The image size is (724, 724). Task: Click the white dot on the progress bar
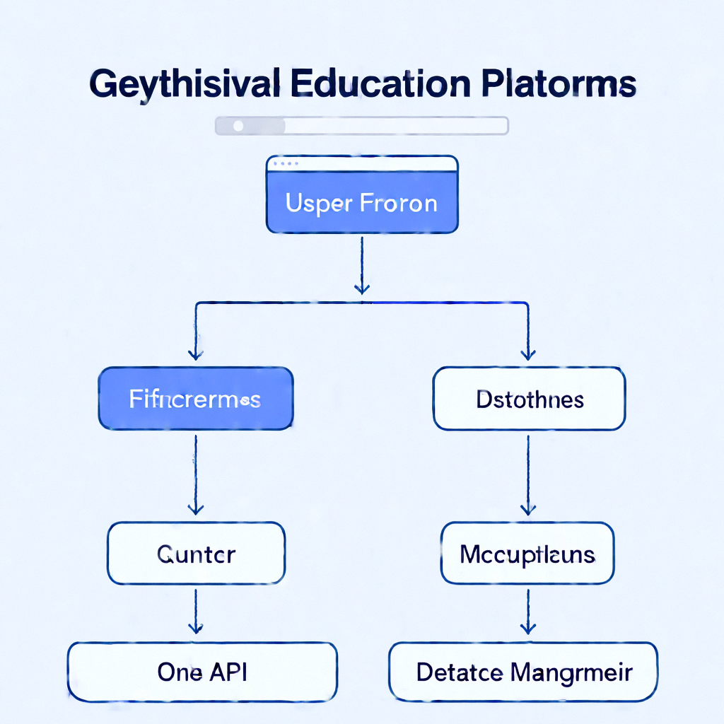click(x=238, y=125)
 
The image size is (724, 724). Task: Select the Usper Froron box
click(x=361, y=203)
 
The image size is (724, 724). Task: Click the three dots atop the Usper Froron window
click(x=285, y=163)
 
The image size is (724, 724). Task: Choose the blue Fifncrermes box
click(x=195, y=399)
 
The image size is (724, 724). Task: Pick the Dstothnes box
click(x=529, y=399)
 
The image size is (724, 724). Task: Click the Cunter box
click(x=196, y=553)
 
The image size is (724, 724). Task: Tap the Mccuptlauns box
click(x=527, y=553)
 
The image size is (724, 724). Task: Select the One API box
click(x=202, y=672)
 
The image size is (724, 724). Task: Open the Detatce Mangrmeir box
click(x=524, y=672)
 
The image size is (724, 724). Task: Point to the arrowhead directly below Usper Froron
click(x=361, y=288)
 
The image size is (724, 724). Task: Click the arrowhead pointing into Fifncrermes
click(x=195, y=354)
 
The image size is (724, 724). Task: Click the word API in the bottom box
click(x=228, y=672)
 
